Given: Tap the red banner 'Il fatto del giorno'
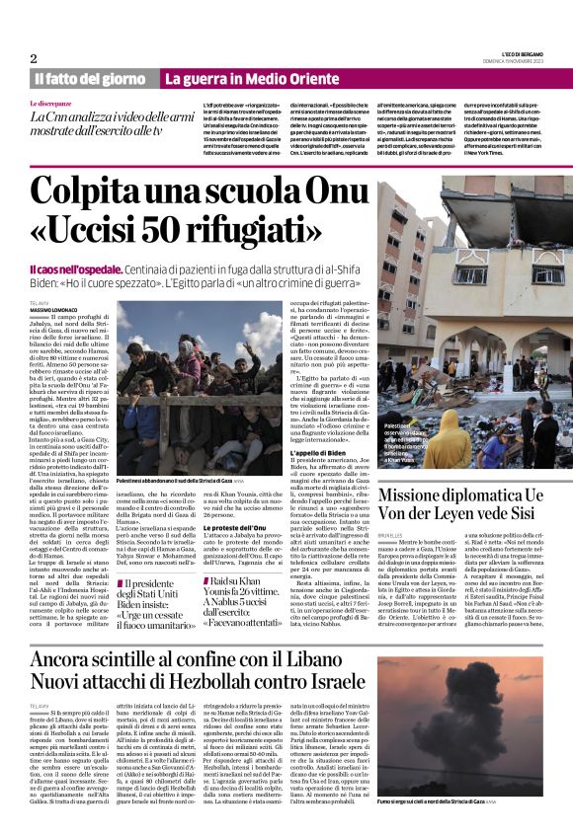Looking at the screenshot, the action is click(x=90, y=78).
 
